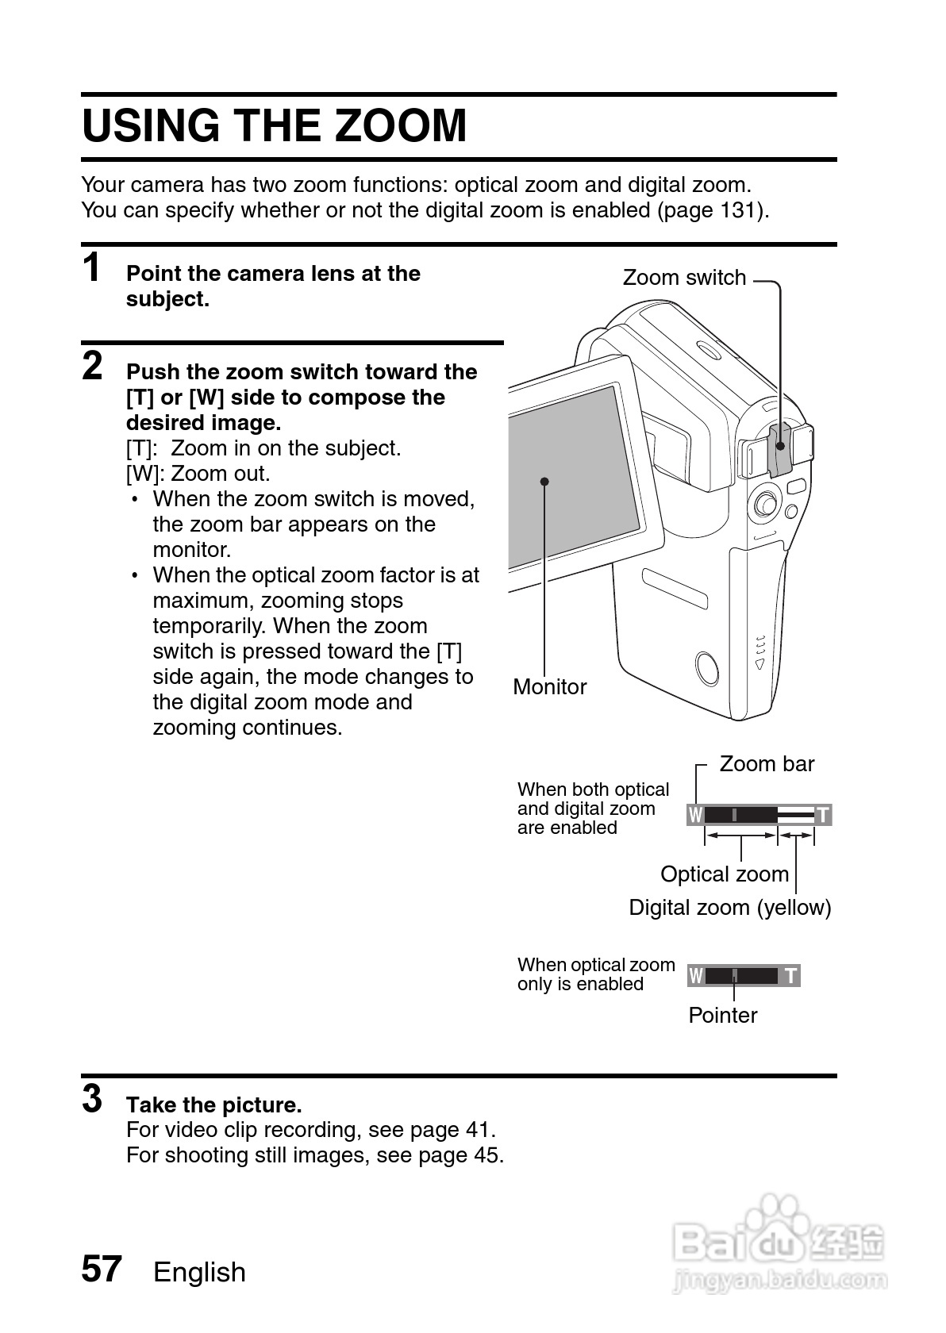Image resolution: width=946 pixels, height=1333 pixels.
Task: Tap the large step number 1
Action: [92, 267]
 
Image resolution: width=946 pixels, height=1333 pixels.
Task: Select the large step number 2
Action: [93, 366]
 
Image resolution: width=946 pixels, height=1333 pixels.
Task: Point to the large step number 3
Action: [92, 1099]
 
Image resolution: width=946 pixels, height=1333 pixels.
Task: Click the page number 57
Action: [102, 1269]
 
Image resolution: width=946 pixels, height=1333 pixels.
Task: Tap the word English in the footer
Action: [199, 1272]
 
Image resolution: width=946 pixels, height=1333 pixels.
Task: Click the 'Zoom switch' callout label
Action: [684, 278]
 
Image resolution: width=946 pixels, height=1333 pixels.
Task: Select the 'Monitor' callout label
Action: [549, 687]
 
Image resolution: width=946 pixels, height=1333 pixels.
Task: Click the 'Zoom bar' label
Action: [767, 764]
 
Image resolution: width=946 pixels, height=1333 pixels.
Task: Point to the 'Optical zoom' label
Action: [725, 874]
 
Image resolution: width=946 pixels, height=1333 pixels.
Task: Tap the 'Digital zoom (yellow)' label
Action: [730, 908]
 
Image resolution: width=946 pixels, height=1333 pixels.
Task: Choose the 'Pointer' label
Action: [722, 1016]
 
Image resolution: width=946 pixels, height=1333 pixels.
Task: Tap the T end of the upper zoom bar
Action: [823, 815]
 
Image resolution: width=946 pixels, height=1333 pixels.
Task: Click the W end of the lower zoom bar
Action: [696, 976]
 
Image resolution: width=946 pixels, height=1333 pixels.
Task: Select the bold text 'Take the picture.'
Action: [214, 1104]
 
